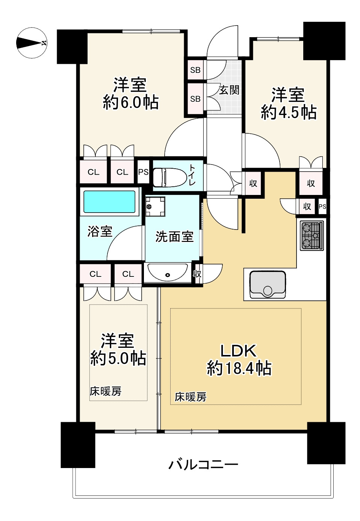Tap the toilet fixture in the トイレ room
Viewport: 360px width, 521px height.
[170, 177]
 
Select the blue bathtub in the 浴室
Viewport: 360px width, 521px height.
[109, 202]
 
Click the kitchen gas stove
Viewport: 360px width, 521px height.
[312, 236]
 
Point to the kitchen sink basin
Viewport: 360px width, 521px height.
[267, 284]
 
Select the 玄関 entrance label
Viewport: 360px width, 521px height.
[229, 90]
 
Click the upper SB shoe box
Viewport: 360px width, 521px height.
[195, 70]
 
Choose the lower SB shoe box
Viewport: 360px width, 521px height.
[195, 99]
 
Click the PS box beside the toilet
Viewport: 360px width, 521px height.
[143, 172]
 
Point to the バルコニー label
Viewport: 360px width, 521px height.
[203, 465]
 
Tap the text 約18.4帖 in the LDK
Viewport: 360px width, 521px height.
[239, 368]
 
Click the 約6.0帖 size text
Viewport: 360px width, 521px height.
[130, 102]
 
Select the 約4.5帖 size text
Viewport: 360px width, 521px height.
[288, 112]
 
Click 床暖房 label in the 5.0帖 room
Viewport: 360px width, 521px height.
[106, 391]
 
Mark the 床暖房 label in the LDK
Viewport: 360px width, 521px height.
[191, 397]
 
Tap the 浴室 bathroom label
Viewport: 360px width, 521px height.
[100, 231]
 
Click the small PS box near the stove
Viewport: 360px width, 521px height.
[322, 207]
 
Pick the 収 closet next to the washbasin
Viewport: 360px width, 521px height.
[197, 274]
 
